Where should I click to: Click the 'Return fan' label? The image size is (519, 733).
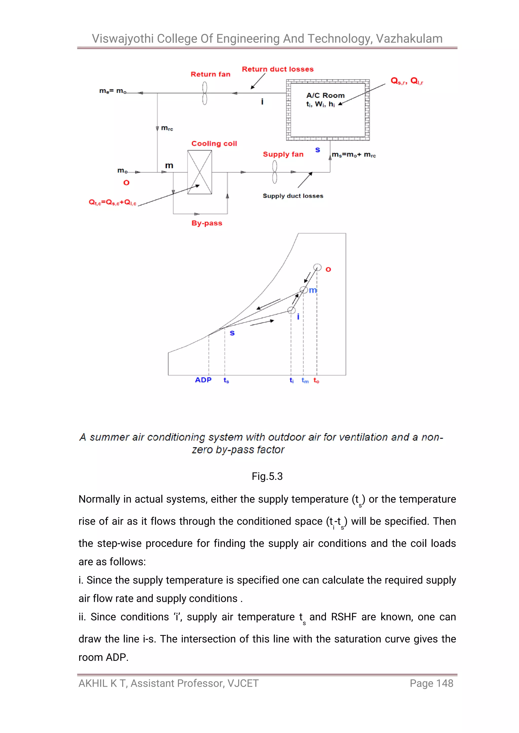coord(210,74)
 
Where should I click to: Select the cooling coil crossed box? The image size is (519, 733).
coord(199,172)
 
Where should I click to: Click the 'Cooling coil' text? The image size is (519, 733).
coord(214,144)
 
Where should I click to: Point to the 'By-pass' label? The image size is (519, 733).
coord(207,223)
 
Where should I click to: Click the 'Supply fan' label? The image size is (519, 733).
coord(283,154)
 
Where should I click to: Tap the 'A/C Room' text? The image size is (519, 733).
coord(325,95)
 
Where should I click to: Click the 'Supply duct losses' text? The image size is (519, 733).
coord(293,196)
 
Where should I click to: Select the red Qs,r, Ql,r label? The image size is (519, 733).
coord(406,81)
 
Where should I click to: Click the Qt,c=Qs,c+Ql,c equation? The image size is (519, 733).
coord(112,202)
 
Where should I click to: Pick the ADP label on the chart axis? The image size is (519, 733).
coord(203,380)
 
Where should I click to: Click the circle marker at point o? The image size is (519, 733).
coord(317,267)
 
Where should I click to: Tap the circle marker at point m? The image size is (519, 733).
coord(304,290)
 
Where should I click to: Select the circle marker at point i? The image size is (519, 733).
coord(291,310)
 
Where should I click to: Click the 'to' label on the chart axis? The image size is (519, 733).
coord(316,380)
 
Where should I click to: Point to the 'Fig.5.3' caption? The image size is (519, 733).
coord(267,476)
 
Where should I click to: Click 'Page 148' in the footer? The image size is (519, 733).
coord(431,683)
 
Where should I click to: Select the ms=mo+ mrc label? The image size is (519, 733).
coord(354,155)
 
